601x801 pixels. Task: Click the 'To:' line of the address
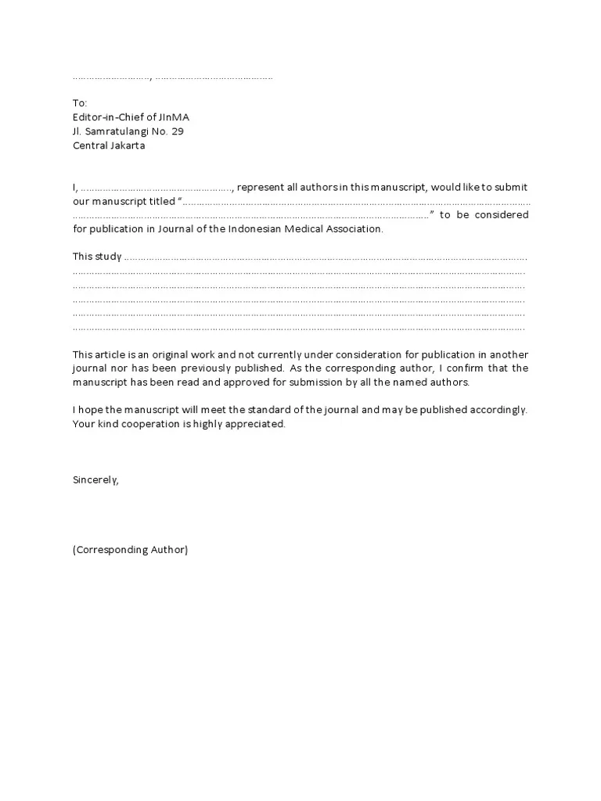click(80, 103)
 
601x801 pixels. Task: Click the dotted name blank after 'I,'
click(157, 188)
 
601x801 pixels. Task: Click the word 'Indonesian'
click(256, 229)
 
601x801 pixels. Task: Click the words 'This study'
click(97, 257)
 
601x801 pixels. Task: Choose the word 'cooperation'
click(151, 425)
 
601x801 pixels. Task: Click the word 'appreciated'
click(258, 425)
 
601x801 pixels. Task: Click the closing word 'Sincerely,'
click(95, 480)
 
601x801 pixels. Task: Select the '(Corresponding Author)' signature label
click(130, 550)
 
